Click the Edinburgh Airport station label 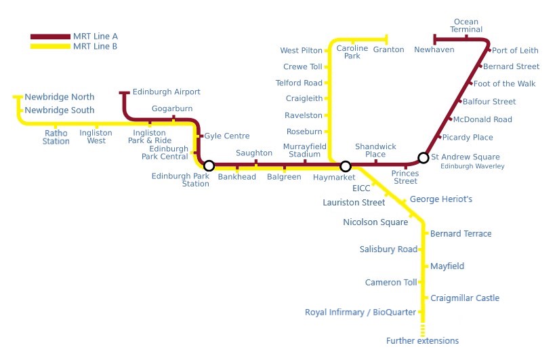(166, 92)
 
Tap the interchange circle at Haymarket (345, 166)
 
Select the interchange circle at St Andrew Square (424, 158)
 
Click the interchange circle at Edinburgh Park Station (209, 165)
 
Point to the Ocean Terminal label (466, 25)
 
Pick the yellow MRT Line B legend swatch (49, 46)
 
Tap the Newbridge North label (60, 97)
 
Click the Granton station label (388, 49)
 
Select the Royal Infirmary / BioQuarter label (361, 313)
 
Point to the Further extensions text (422, 340)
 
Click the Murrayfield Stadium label (305, 151)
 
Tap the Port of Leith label (515, 50)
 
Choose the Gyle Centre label (227, 136)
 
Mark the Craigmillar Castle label (465, 298)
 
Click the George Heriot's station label (441, 200)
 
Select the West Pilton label (302, 51)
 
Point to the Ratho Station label (56, 137)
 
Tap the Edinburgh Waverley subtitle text (472, 166)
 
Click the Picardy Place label (468, 138)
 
